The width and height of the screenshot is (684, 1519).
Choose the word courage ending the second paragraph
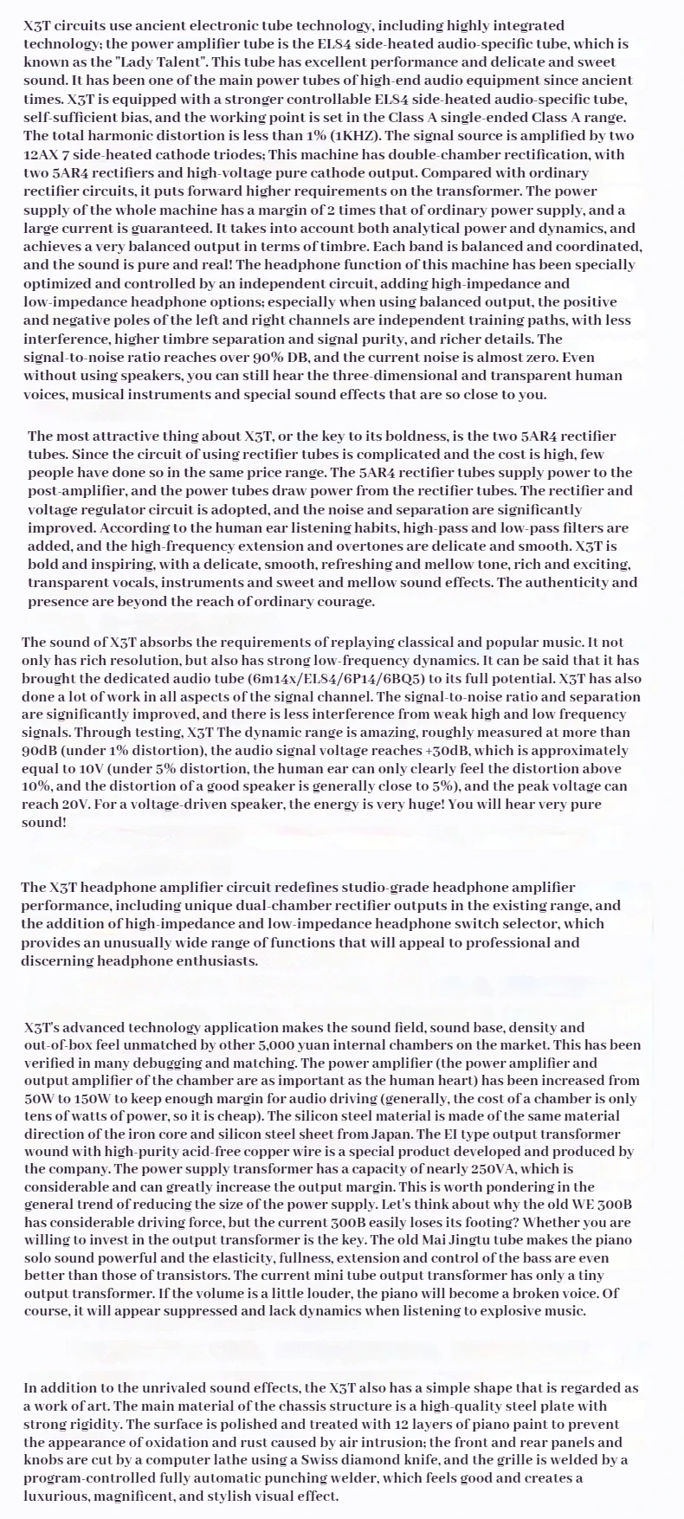point(341,601)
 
